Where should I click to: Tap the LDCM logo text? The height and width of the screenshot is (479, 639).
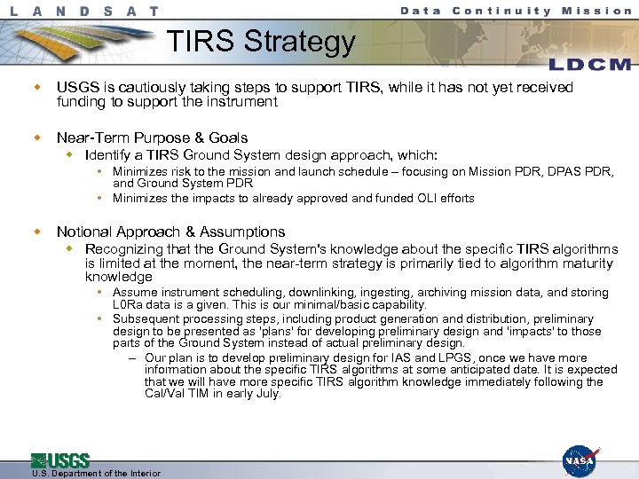coord(591,64)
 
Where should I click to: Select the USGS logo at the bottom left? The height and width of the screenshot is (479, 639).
coord(60,460)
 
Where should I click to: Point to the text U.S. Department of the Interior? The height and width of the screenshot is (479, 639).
coord(83,474)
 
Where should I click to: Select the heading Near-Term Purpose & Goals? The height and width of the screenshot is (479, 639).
coord(152,137)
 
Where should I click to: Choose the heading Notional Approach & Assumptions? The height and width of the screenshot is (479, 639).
coord(170,232)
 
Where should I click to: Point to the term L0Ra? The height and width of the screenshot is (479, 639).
coord(129,304)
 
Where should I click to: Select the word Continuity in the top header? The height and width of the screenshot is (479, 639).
coord(501,11)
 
